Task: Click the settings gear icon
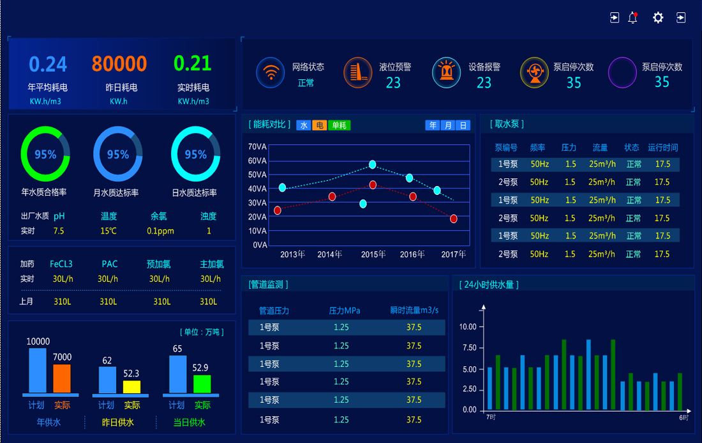[658, 18]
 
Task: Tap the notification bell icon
[632, 18]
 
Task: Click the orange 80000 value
[119, 64]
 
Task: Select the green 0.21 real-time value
[193, 63]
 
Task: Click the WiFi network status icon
[271, 73]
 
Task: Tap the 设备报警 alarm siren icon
[446, 73]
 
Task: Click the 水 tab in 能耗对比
[304, 125]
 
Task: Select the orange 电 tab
[320, 125]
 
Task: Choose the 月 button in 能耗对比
[449, 125]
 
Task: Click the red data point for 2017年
[454, 219]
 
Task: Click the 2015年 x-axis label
[373, 254]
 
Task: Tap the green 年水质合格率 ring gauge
[45, 154]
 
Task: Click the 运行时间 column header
[663, 148]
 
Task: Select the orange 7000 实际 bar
[62, 378]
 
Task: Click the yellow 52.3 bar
[132, 387]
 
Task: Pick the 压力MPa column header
[345, 311]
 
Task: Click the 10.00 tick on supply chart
[468, 327]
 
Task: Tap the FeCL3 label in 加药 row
[61, 264]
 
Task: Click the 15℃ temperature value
[108, 231]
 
